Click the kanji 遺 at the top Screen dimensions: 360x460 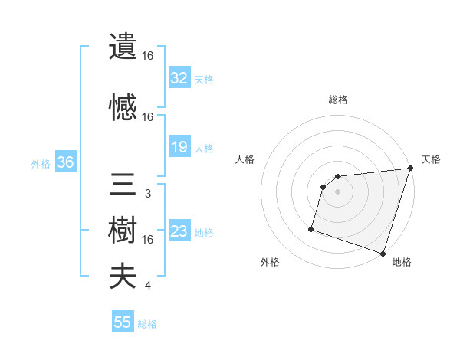[123, 47]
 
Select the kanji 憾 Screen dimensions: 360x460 [123, 108]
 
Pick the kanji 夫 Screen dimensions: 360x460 [123, 277]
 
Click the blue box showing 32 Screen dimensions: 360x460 [179, 77]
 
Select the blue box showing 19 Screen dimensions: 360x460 [179, 147]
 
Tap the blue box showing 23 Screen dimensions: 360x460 [179, 232]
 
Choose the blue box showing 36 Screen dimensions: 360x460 [66, 163]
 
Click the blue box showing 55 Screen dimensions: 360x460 [123, 322]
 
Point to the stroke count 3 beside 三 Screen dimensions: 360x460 [147, 194]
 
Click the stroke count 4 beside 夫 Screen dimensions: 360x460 [147, 286]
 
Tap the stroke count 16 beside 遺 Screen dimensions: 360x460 [148, 57]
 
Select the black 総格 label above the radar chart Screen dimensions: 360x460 [338, 100]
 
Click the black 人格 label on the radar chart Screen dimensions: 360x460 [245, 159]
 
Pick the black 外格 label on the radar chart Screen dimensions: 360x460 [270, 262]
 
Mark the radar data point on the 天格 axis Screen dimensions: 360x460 [410, 169]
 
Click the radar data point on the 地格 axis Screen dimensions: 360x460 [383, 253]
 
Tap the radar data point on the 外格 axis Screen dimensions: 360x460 [311, 228]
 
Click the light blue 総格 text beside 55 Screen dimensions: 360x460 [147, 324]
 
